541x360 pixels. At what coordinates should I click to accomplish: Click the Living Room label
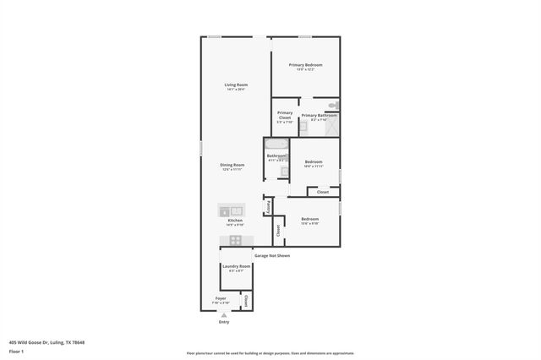[236, 85]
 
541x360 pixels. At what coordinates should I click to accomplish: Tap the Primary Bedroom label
[305, 65]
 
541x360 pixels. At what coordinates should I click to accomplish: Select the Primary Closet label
[285, 114]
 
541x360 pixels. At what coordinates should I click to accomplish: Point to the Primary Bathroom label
[319, 115]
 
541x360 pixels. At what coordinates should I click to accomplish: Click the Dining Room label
[232, 165]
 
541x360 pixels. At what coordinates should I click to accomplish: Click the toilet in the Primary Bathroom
[334, 106]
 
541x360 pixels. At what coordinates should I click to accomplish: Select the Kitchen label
[235, 221]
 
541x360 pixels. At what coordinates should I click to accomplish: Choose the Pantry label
[268, 206]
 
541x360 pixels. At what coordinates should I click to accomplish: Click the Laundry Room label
[236, 266]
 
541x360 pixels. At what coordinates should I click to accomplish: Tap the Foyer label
[221, 298]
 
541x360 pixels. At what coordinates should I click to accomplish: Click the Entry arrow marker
[224, 314]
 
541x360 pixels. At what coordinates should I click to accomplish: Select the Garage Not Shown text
[271, 255]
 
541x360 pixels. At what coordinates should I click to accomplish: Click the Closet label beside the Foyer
[246, 301]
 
